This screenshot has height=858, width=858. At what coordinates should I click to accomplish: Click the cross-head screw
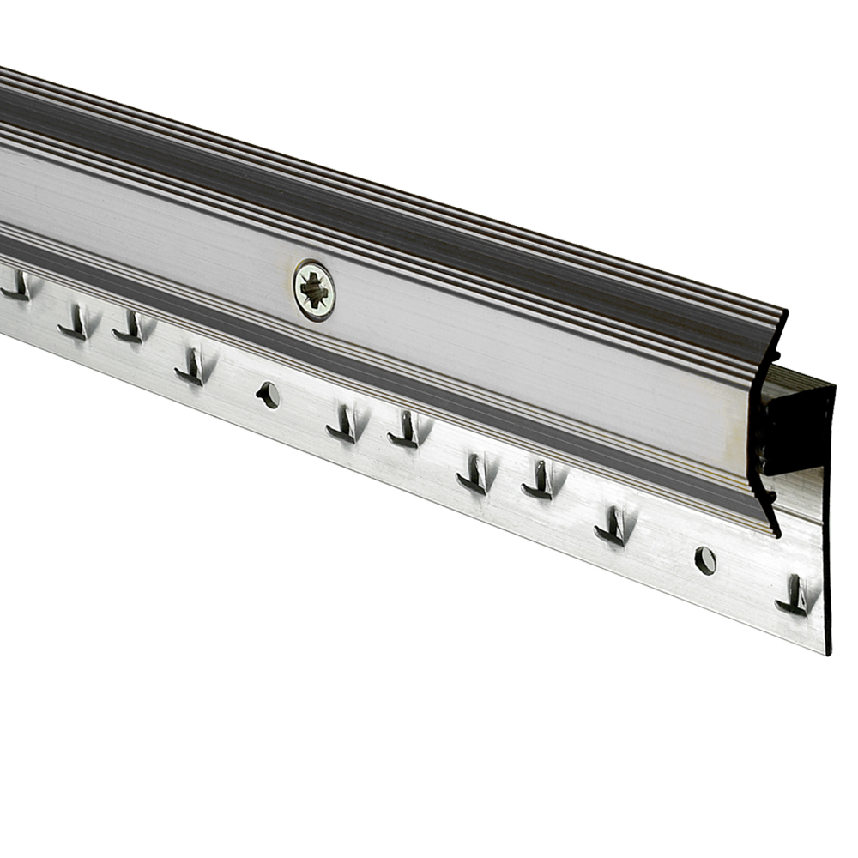coord(314,291)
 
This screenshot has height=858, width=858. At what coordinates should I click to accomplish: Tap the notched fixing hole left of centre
coord(268,395)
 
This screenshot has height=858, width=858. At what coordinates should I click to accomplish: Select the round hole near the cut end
coord(704,560)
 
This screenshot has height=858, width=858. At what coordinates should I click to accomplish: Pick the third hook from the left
coord(130,328)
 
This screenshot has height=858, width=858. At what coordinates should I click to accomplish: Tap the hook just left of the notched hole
coord(192,366)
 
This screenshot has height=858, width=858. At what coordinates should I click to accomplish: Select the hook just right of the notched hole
coord(344,424)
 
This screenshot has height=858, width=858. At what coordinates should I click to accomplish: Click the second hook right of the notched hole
coord(406,429)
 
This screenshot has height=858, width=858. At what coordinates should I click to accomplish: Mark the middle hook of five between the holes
coord(474,474)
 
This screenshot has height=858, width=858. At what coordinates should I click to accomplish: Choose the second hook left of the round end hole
coord(539,480)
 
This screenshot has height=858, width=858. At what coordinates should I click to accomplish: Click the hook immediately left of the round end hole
coord(613,525)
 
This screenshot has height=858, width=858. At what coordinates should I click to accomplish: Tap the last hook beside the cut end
coord(795,595)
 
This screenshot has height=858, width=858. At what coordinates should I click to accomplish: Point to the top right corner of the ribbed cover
coord(785,310)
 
